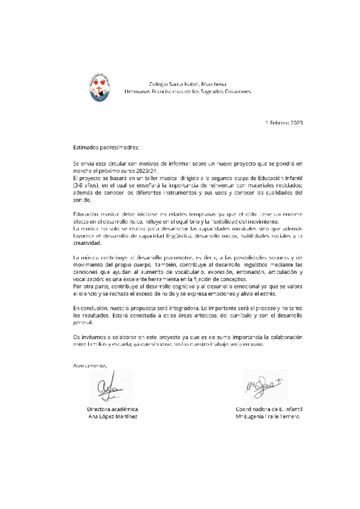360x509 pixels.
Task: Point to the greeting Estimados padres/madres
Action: [x=105, y=146]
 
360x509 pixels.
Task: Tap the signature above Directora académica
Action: [x=108, y=388]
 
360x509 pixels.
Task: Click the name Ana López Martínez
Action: [x=113, y=416]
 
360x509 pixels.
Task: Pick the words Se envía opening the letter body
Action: [x=82, y=163]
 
